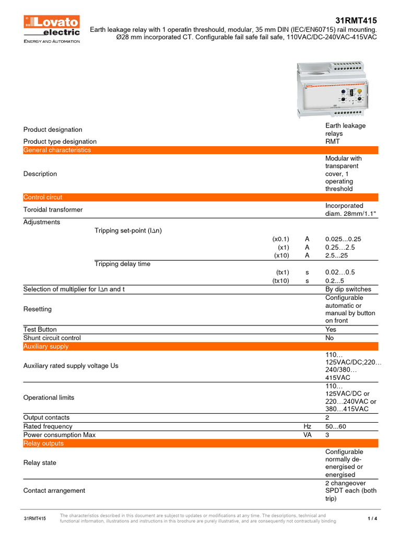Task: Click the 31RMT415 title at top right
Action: coord(357,20)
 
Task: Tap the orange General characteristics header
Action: coord(57,150)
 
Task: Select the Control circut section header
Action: coord(43,197)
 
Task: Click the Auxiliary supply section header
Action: coord(46,346)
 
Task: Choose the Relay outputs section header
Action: coord(43,443)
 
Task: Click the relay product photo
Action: coord(333,89)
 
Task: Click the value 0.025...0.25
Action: coord(343,239)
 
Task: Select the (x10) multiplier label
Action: coord(281,255)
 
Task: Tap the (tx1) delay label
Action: coord(282,272)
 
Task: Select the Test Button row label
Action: coord(40,330)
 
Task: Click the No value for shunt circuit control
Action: coord(329,338)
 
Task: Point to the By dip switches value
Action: coord(348,289)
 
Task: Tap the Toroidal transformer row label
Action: coord(53,210)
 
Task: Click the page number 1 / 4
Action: coord(372,518)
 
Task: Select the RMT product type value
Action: coord(333,141)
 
